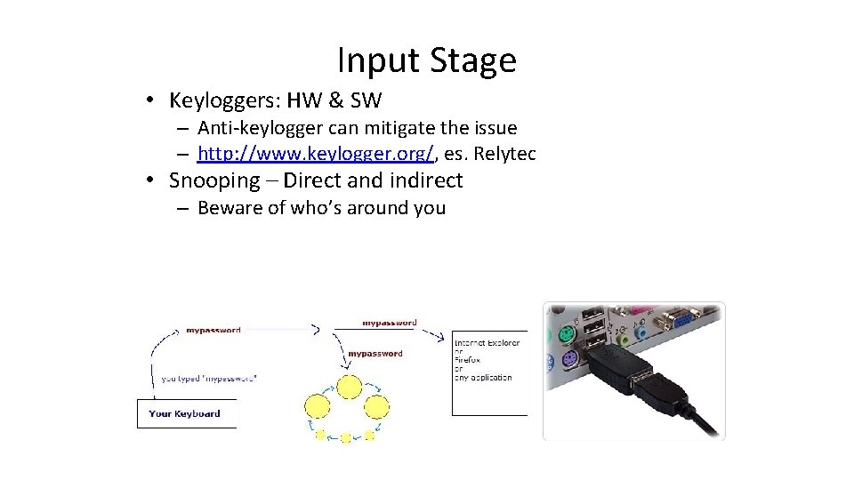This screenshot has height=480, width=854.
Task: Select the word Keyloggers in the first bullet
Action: (x=222, y=101)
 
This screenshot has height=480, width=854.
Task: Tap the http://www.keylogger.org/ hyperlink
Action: (x=316, y=154)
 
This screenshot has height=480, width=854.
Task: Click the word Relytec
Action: (x=504, y=154)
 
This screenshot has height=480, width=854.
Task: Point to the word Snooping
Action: (x=213, y=180)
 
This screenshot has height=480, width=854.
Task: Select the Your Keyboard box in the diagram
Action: (x=185, y=413)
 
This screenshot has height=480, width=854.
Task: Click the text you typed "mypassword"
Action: (x=210, y=378)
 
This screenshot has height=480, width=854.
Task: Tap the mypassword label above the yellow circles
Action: (x=375, y=354)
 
